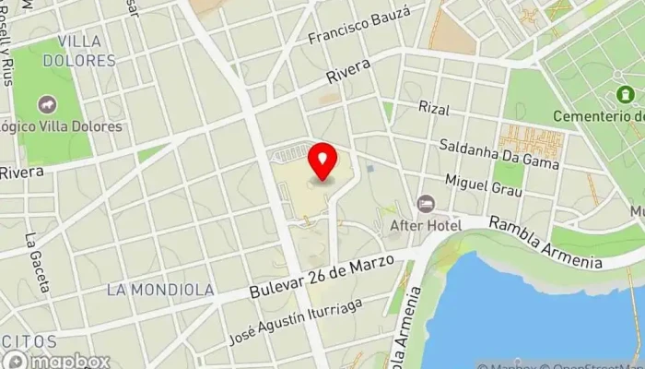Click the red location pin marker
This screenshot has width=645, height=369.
click(322, 161)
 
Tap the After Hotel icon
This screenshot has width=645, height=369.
click(425, 204)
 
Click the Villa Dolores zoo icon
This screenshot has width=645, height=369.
click(45, 106)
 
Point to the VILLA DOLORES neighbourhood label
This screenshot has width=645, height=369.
click(86, 51)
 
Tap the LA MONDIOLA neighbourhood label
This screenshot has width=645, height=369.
click(160, 290)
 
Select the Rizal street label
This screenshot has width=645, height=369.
click(433, 109)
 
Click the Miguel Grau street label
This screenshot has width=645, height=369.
click(483, 184)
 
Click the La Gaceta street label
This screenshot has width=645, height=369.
click(38, 262)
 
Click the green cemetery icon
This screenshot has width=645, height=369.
click(627, 94)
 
